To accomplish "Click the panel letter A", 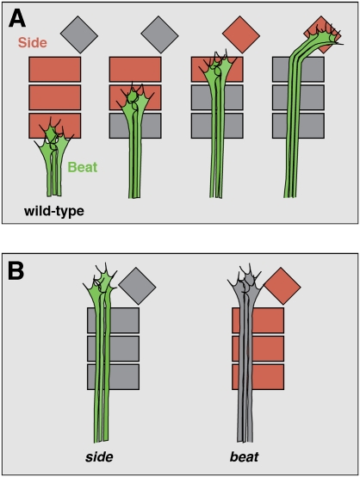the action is [x=17, y=18].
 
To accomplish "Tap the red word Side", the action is [x=33, y=42].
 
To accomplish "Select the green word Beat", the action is [x=83, y=167].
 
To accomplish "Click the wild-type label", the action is [x=54, y=211].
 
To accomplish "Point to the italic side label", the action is [x=100, y=456].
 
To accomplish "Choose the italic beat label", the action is [x=245, y=456].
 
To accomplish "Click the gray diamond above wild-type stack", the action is [x=79, y=34].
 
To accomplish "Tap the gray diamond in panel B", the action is [x=137, y=286].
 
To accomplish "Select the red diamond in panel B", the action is [x=282, y=286].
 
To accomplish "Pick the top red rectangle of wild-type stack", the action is [x=55, y=69].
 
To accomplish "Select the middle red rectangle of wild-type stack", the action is [x=55, y=97].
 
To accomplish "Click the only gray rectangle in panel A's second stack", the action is [x=135, y=126].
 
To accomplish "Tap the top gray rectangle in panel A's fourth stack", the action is [x=298, y=69].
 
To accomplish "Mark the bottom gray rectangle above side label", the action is [x=113, y=377].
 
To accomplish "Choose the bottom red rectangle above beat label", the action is [x=258, y=377].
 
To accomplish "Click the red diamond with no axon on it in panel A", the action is [x=241, y=34].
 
